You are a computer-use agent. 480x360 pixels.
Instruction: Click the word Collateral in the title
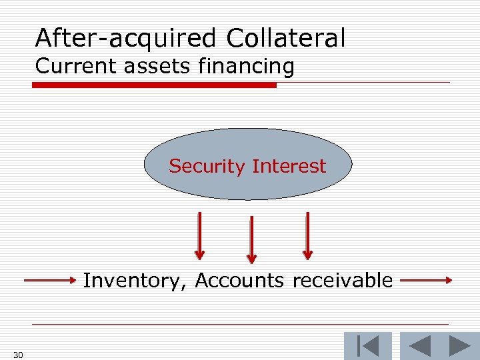[x=286, y=38]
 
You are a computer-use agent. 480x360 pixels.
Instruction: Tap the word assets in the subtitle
[x=143, y=66]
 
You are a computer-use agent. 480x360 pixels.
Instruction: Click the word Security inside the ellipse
[x=207, y=166]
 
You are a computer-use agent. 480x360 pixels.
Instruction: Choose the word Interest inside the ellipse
[x=289, y=166]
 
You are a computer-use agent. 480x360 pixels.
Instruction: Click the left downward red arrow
[x=199, y=235]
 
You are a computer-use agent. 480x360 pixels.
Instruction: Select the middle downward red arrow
[x=251, y=239]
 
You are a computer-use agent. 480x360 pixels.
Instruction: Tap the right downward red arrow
[x=307, y=235]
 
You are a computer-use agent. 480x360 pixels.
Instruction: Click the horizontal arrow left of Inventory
[x=50, y=281]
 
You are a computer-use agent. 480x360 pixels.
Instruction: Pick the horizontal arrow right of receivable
[x=426, y=281]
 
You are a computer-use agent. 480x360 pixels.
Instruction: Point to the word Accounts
[x=239, y=281]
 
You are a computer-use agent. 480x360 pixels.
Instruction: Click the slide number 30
[x=18, y=355]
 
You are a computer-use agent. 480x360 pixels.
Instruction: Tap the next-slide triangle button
[x=459, y=346]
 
